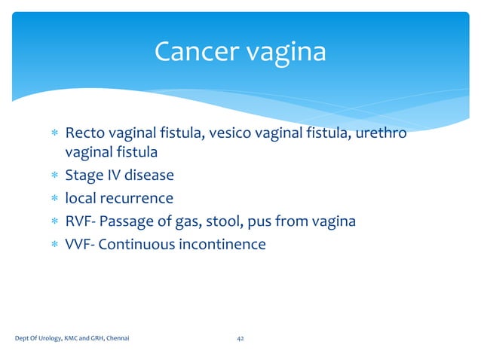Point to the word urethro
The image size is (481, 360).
tap(380, 134)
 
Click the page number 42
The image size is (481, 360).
tap(240, 339)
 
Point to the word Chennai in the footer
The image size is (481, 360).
tap(116, 339)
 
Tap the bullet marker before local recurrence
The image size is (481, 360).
tap(54, 200)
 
